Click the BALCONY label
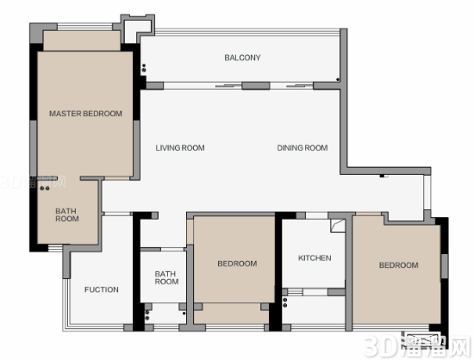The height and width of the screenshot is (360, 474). pyautogui.click(x=242, y=58)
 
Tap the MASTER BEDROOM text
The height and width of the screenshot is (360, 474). pyautogui.click(x=85, y=114)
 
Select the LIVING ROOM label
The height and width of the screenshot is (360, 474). pyautogui.click(x=180, y=147)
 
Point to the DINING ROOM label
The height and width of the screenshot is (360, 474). pyautogui.click(x=302, y=147)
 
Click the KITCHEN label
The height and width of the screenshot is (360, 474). pyautogui.click(x=315, y=258)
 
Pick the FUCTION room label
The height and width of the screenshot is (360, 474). pyautogui.click(x=102, y=289)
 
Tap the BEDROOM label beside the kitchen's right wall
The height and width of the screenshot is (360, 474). pyautogui.click(x=399, y=265)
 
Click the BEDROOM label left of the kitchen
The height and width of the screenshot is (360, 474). pyautogui.click(x=237, y=264)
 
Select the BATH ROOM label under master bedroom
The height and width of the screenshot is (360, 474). pyautogui.click(x=67, y=214)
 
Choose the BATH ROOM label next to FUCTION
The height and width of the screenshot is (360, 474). pyautogui.click(x=166, y=277)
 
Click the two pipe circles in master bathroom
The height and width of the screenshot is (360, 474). pyautogui.click(x=45, y=189)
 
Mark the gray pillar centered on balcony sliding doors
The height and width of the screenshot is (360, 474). pyautogui.click(x=256, y=86)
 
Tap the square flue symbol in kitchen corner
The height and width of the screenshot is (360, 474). pyautogui.click(x=338, y=226)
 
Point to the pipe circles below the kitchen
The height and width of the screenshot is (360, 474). pyautogui.click(x=284, y=302)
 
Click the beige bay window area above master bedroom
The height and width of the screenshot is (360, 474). pyautogui.click(x=82, y=40)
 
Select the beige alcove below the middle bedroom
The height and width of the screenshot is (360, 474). pyautogui.click(x=231, y=313)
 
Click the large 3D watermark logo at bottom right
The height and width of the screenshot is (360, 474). pyautogui.click(x=417, y=346)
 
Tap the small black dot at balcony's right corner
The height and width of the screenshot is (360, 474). pyautogui.click(x=338, y=80)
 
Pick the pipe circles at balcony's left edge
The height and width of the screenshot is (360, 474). pyautogui.click(x=144, y=68)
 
